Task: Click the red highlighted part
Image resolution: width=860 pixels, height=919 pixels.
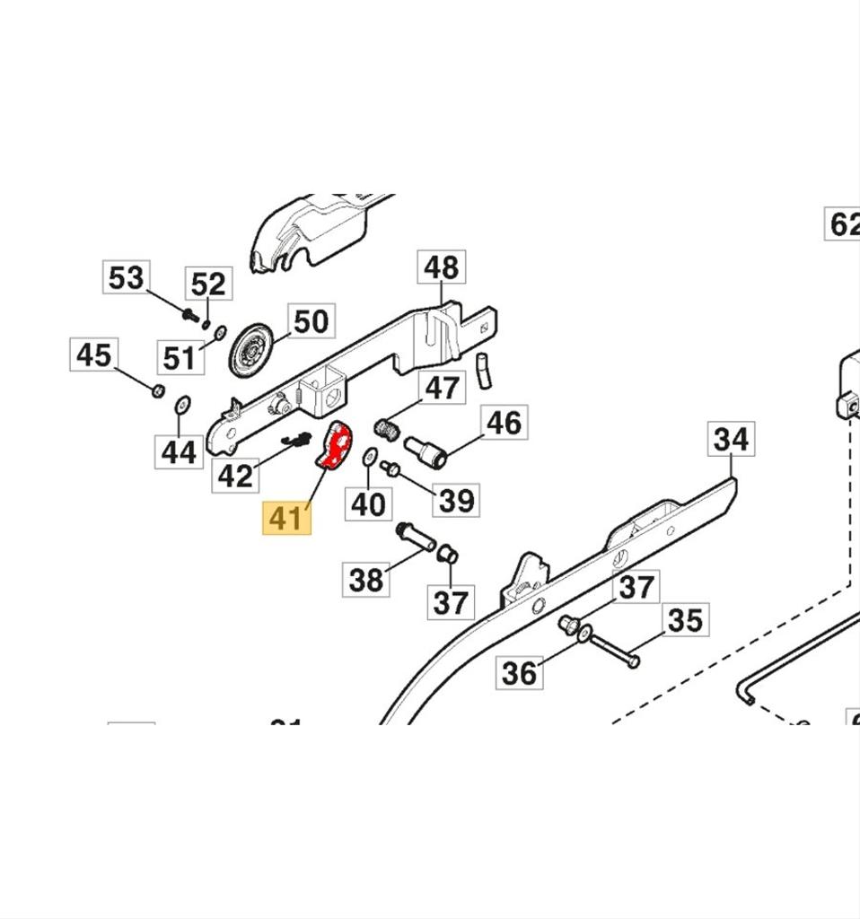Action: pos(336,447)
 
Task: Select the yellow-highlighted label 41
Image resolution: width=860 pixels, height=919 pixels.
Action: pos(286,519)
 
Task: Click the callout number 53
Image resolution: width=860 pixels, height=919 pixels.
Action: pos(126,277)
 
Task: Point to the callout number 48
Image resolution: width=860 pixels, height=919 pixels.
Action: pos(442,267)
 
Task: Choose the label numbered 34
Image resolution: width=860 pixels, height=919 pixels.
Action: pos(732,439)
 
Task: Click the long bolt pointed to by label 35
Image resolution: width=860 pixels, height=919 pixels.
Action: pos(616,651)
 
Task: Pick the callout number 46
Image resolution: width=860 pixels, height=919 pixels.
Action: pos(503,422)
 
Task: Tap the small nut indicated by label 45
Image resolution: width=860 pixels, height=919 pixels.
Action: pos(156,389)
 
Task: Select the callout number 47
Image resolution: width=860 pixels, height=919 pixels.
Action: pos(441,389)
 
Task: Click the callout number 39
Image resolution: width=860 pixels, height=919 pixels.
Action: pos(456,500)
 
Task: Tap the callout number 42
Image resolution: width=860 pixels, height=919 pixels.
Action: pos(235,476)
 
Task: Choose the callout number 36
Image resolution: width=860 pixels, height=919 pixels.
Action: pos(520,672)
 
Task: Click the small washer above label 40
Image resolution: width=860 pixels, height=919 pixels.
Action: pos(368,459)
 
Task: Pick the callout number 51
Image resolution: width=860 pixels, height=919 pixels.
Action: pos(179,357)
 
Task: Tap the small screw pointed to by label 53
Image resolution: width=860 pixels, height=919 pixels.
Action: pos(189,315)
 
